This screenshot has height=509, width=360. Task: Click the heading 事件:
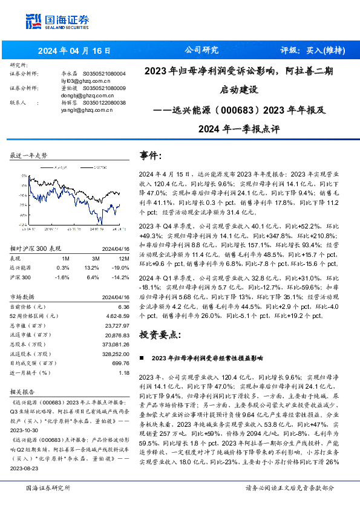coord(151,155)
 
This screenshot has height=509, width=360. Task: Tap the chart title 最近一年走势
coord(28,155)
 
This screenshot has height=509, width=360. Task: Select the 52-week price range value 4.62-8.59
coord(119,316)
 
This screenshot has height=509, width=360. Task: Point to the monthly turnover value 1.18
coord(125,373)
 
